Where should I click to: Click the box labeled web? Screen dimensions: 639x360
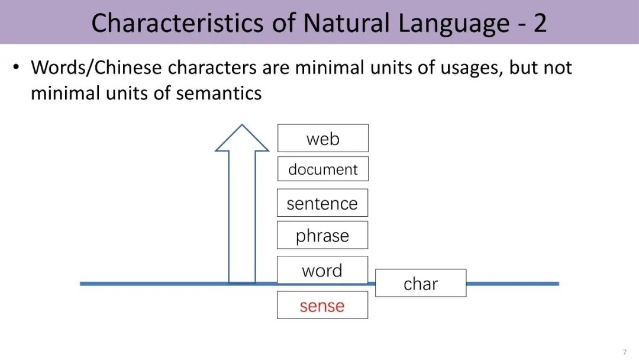coord(323,138)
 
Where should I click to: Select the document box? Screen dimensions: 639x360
coord(323,169)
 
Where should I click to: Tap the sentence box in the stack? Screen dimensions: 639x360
coord(322,202)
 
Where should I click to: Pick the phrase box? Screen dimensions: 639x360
coord(322,235)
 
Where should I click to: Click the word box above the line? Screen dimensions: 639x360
coord(322,270)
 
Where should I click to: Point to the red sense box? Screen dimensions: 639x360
coord(322,305)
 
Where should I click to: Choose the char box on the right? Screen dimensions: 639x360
coord(421,283)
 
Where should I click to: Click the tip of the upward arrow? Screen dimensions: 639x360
coord(242,125)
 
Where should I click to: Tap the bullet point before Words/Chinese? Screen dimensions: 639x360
coord(16,67)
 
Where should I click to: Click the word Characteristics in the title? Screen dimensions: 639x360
coord(177,23)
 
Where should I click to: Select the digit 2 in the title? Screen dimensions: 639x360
coord(540,23)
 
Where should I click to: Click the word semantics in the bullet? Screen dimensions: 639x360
coord(219,94)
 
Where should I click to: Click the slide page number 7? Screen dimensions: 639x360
coord(625,352)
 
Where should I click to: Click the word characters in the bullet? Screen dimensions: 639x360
coord(212,67)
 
